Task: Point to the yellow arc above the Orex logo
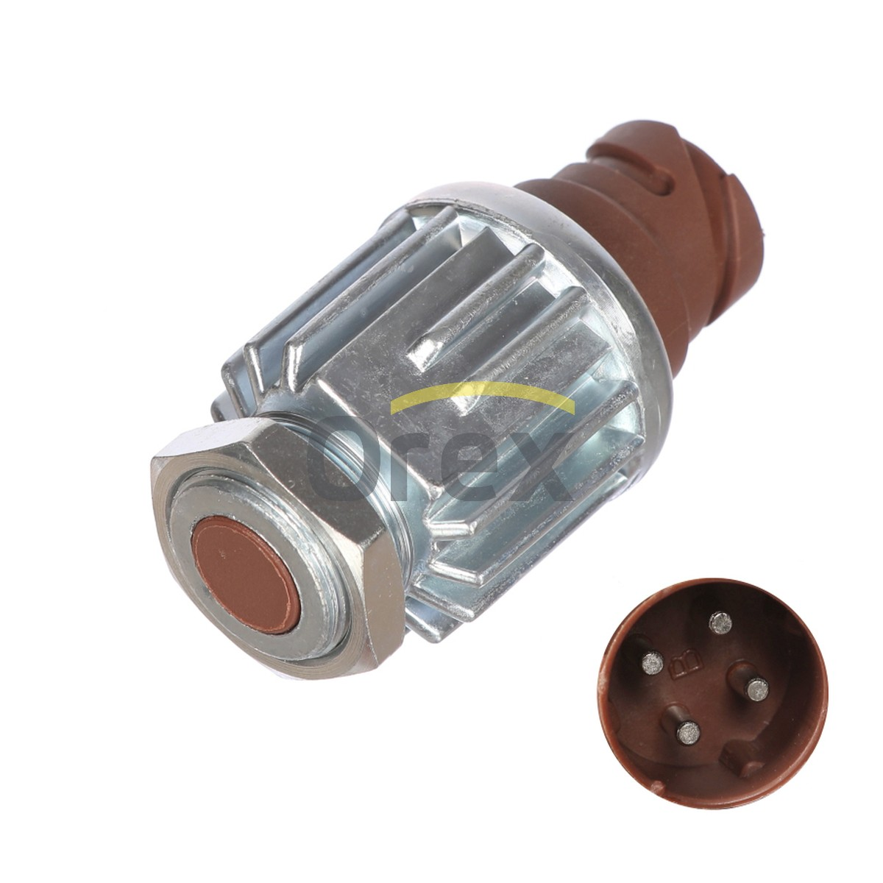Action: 482,392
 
